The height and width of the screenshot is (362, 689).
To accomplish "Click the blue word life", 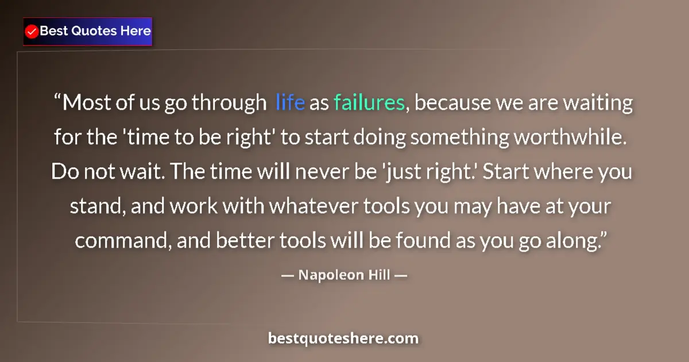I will (x=290, y=103).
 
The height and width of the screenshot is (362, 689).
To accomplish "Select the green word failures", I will (x=369, y=103).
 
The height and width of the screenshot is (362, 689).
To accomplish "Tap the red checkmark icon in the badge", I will (x=32, y=31).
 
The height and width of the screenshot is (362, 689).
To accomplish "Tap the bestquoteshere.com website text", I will (x=343, y=338).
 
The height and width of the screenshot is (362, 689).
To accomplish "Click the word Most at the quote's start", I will (x=84, y=103).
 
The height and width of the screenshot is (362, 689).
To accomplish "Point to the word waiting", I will (x=597, y=103).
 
